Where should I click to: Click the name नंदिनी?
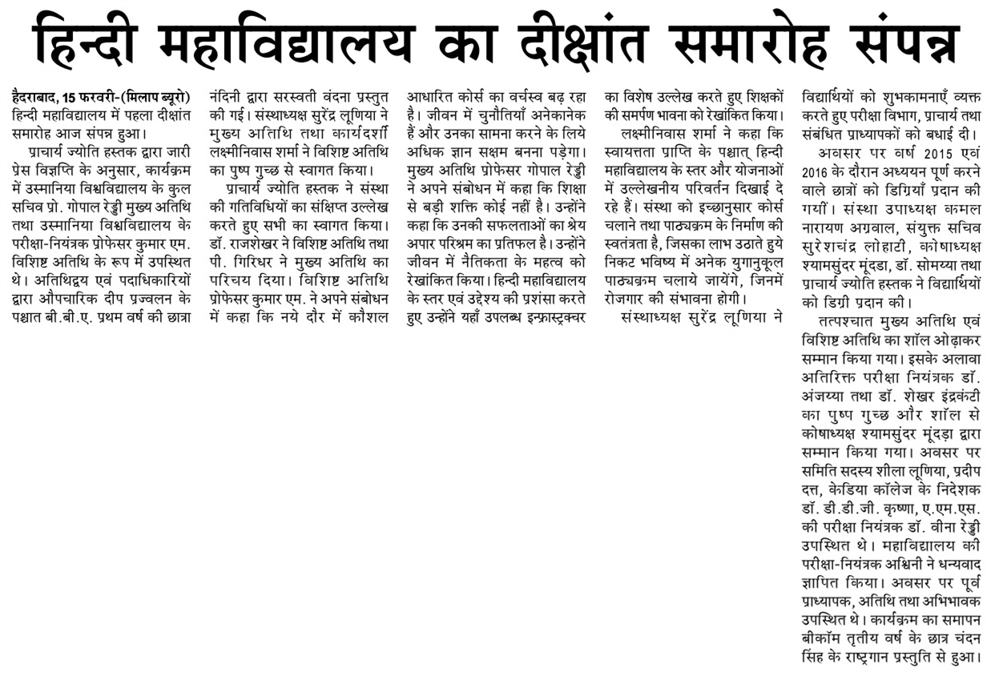coord(226,98)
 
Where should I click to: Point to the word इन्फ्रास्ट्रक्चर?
coord(549,316)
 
